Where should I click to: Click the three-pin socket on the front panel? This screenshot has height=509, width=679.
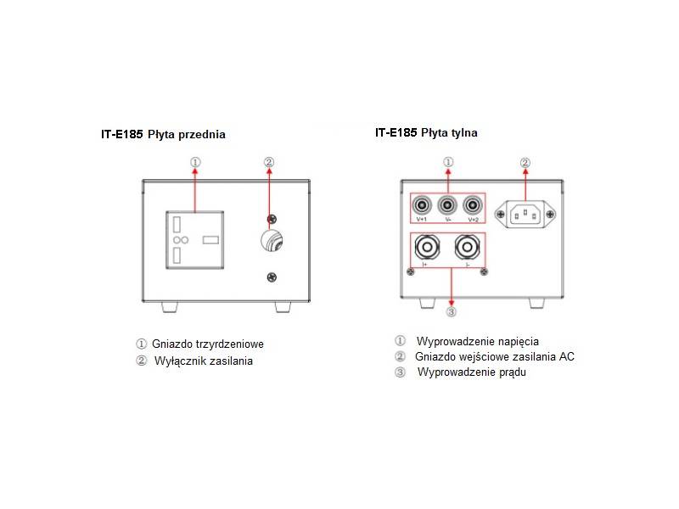pyautogui.click(x=195, y=240)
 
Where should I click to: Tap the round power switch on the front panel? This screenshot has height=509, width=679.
pyautogui.click(x=272, y=241)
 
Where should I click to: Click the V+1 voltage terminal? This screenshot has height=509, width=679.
pyautogui.click(x=422, y=204)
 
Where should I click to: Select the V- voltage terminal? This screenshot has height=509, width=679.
pyautogui.click(x=447, y=204)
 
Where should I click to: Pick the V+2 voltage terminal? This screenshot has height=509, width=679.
pyautogui.click(x=473, y=204)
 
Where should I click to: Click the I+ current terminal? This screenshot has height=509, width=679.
pyautogui.click(x=427, y=247)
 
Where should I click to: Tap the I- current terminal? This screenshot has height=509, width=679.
pyautogui.click(x=467, y=247)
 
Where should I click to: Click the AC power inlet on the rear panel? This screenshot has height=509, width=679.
pyautogui.click(x=525, y=215)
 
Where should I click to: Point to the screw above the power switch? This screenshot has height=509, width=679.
pyautogui.click(x=272, y=219)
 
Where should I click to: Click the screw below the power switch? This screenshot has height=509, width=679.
pyautogui.click(x=272, y=277)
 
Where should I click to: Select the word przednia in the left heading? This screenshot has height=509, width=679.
pyautogui.click(x=202, y=135)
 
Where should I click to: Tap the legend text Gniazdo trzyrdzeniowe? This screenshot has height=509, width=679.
pyautogui.click(x=208, y=344)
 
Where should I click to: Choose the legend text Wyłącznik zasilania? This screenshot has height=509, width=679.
pyautogui.click(x=204, y=361)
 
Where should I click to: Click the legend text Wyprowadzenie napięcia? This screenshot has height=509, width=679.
pyautogui.click(x=478, y=342)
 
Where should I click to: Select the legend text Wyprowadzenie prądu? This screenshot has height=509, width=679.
pyautogui.click(x=472, y=372)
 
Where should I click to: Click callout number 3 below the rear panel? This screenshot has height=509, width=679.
pyautogui.click(x=452, y=311)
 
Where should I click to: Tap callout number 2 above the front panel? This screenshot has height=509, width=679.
pyautogui.click(x=269, y=162)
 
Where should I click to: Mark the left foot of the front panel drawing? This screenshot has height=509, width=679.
pyautogui.click(x=170, y=307)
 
